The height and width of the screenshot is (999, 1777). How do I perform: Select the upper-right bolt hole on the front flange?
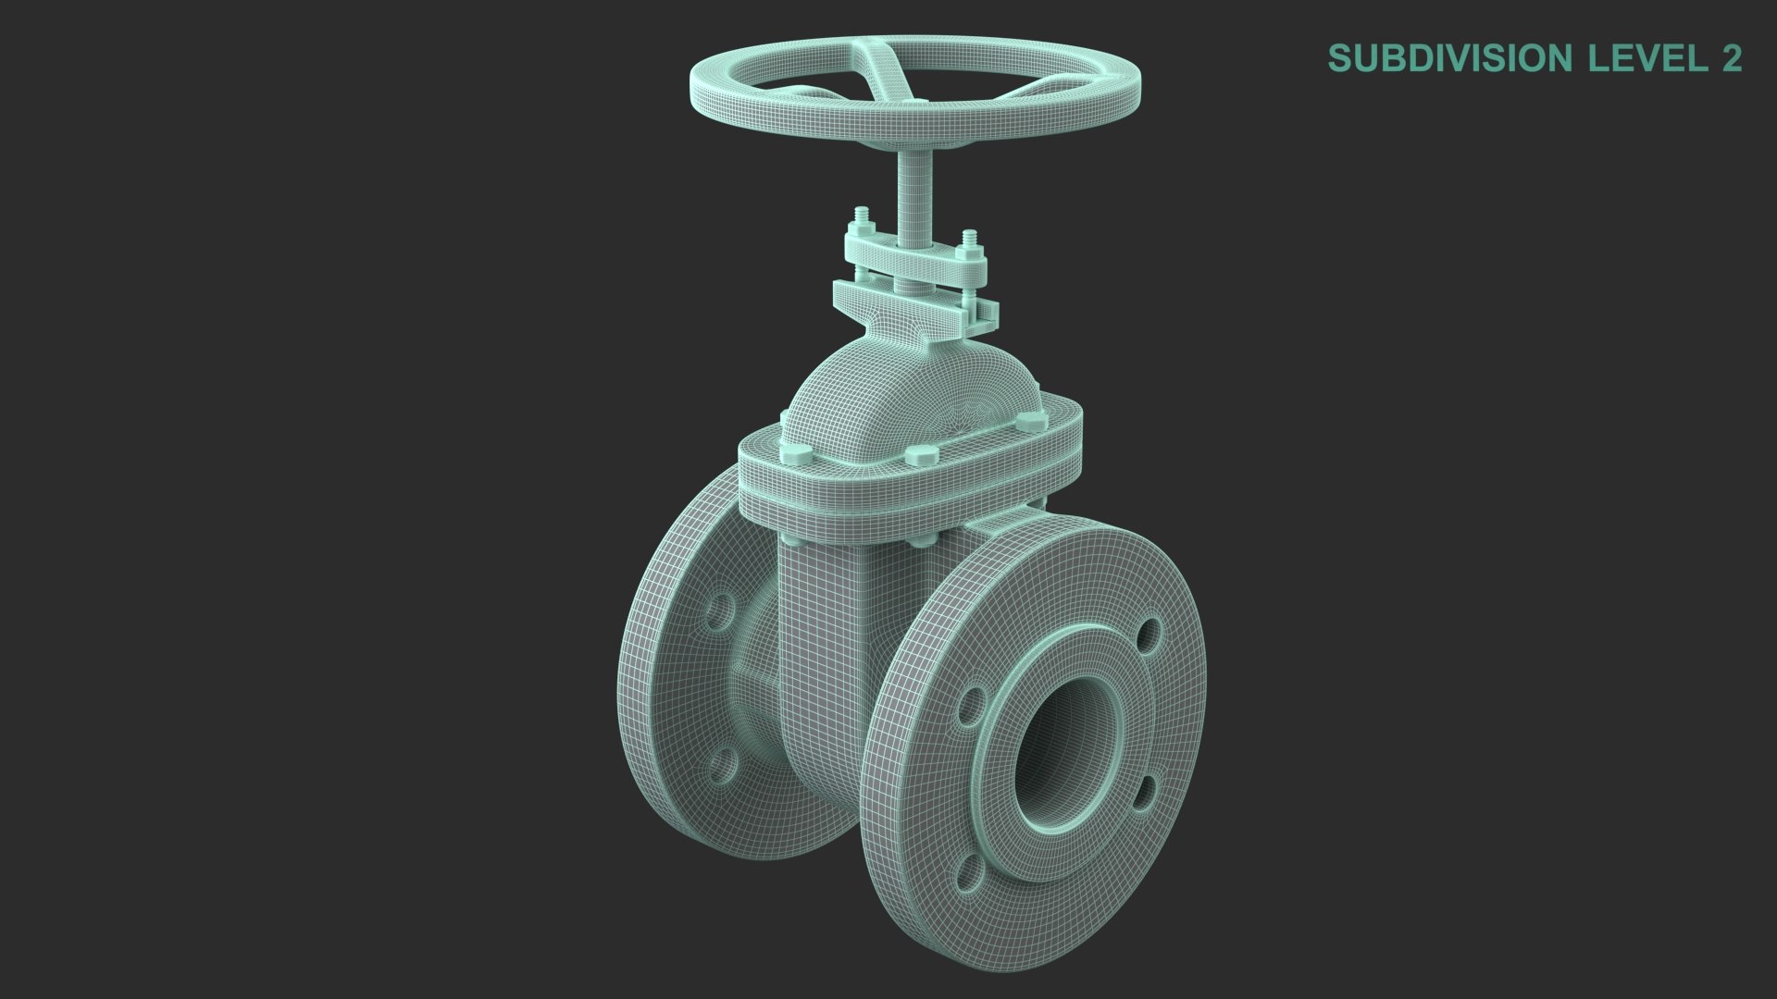1149,635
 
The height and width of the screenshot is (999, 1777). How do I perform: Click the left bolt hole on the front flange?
969,705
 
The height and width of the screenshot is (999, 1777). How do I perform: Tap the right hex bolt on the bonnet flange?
1027,423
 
